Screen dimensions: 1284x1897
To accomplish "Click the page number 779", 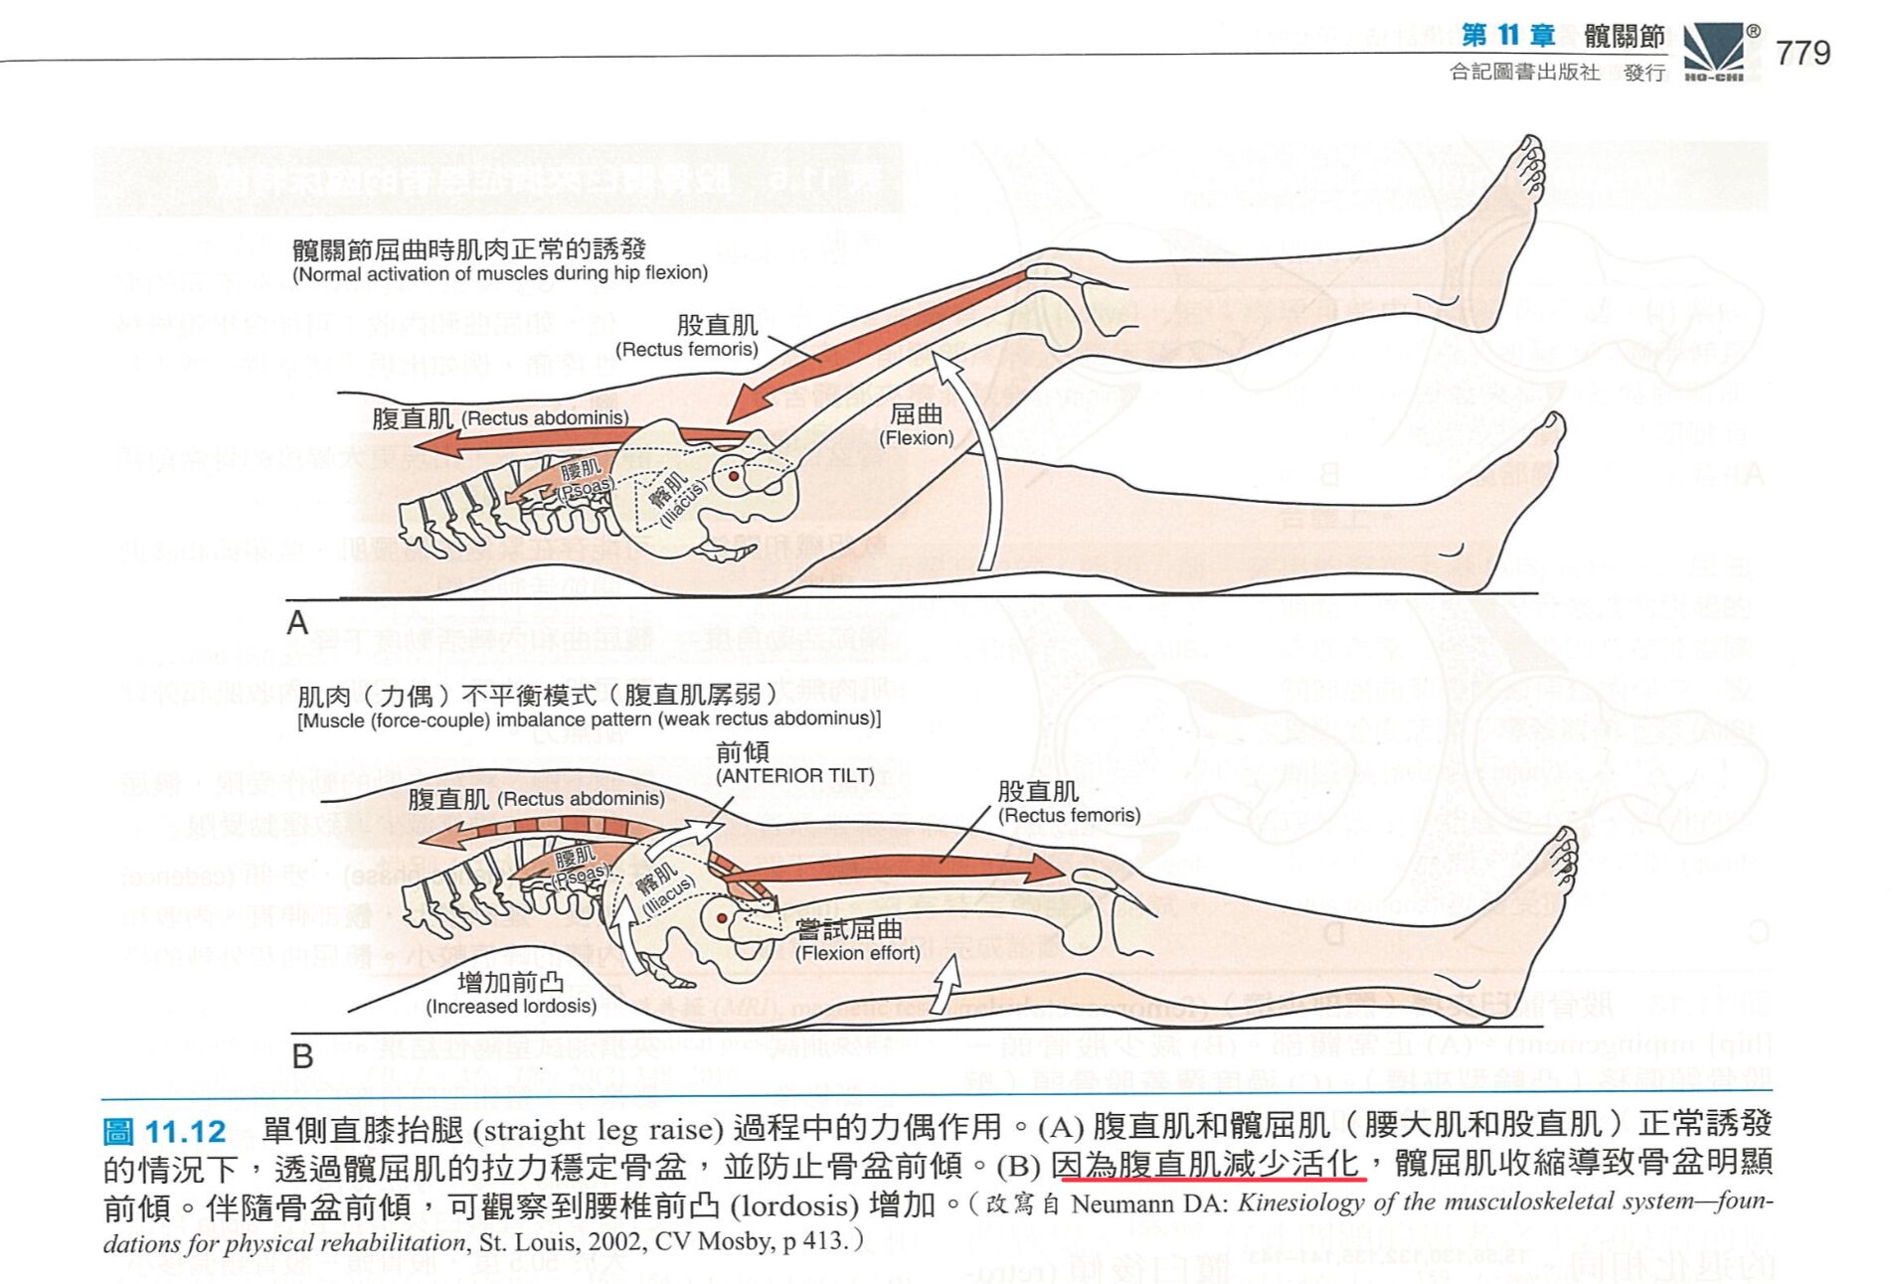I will pos(1802,53).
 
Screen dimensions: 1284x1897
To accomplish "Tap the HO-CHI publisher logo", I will pos(1713,52).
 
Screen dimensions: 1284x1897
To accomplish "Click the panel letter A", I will pos(297,623).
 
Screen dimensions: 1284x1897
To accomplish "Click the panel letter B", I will pos(302,1055).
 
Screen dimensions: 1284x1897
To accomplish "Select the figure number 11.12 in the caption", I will pos(186,1132).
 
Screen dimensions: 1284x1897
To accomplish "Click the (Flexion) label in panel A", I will pos(916,438).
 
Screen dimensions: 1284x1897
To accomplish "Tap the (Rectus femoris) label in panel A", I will pos(686,350).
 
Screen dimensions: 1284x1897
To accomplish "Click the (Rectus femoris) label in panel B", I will pos(1069,816).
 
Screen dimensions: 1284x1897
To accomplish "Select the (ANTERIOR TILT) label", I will pos(794,776).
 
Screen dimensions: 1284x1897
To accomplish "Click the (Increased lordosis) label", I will pos(511,1007).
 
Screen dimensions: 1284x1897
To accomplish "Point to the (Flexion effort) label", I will pos(857,954).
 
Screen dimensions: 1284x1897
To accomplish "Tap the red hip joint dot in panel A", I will pos(734,477).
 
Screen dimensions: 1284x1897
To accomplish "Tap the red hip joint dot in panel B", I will pos(722,918).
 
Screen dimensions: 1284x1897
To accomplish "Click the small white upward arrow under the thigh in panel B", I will pos(946,983).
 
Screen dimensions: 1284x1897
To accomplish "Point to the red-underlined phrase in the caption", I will pos(1209,1164).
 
